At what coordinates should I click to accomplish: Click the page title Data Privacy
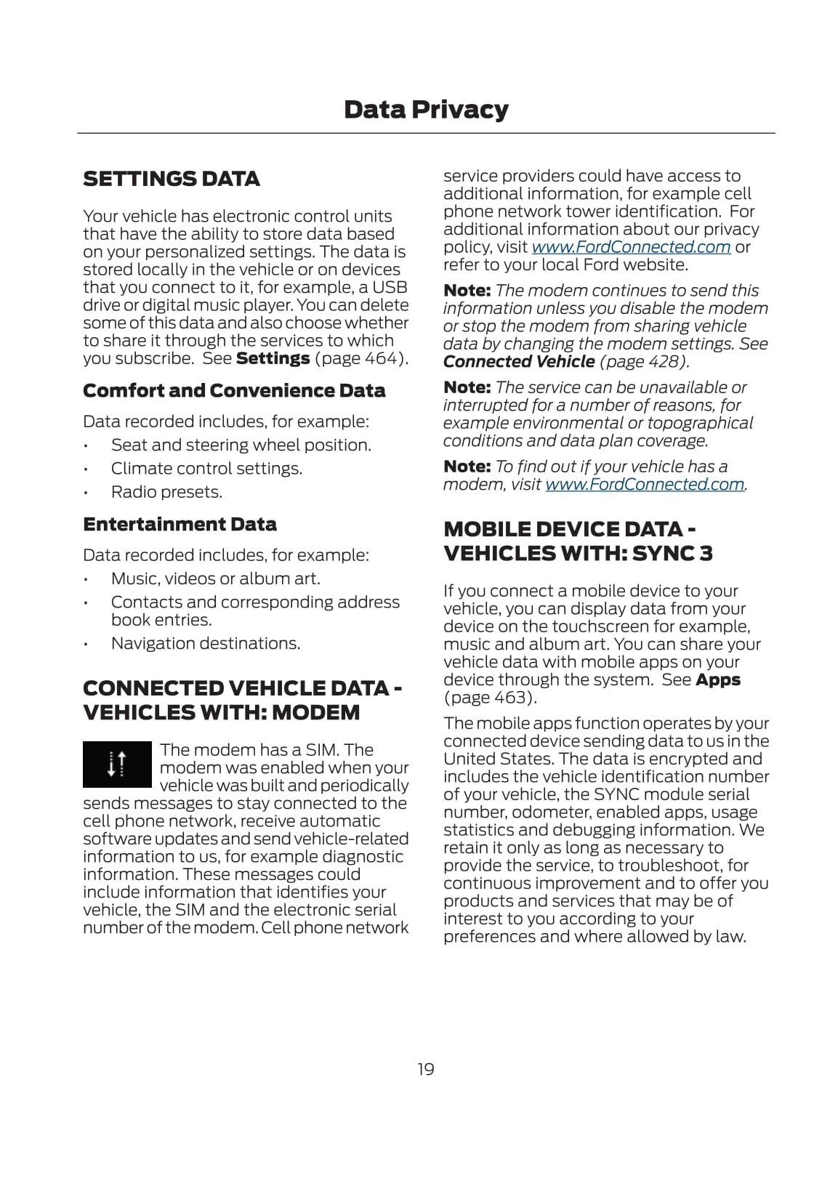pyautogui.click(x=426, y=110)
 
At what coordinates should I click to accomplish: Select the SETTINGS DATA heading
pyautogui.click(x=172, y=179)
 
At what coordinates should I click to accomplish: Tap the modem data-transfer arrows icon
pyautogui.click(x=117, y=765)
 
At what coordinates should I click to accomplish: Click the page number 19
pyautogui.click(x=426, y=1069)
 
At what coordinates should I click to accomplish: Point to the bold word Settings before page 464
pyautogui.click(x=273, y=358)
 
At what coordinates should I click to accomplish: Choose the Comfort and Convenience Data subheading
pyautogui.click(x=234, y=391)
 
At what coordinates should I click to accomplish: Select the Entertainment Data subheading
pyautogui.click(x=180, y=525)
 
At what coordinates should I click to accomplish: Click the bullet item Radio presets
pyautogui.click(x=166, y=492)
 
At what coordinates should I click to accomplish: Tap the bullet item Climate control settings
pyautogui.click(x=206, y=469)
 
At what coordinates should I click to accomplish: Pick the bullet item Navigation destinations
pyautogui.click(x=206, y=644)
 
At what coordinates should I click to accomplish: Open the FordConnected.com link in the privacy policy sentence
pyautogui.click(x=631, y=247)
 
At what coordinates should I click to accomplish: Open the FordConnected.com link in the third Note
pyautogui.click(x=645, y=485)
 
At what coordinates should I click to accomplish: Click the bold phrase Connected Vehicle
pyautogui.click(x=519, y=362)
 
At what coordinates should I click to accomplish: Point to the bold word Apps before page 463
pyautogui.click(x=717, y=680)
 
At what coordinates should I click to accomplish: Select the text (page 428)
pyautogui.click(x=644, y=362)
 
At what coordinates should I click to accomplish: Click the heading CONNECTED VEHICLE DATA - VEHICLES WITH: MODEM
pyautogui.click(x=242, y=701)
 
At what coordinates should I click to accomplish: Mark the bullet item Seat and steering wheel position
pyautogui.click(x=241, y=445)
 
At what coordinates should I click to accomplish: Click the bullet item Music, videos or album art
pyautogui.click(x=215, y=579)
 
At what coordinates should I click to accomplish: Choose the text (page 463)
pyautogui.click(x=490, y=698)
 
